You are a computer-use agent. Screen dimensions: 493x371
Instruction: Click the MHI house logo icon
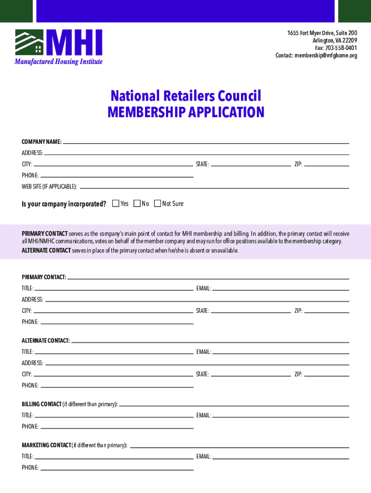[x=29, y=42]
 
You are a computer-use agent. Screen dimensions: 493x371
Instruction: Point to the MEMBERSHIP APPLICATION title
[x=185, y=112]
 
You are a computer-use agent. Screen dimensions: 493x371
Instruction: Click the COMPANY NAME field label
[x=41, y=142]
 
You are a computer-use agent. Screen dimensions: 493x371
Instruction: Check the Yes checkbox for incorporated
[x=116, y=204]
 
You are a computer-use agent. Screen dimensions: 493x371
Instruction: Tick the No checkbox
[x=137, y=204]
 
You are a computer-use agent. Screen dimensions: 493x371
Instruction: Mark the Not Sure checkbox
[x=158, y=204]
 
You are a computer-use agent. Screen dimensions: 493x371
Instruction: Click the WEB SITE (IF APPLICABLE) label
[x=49, y=186]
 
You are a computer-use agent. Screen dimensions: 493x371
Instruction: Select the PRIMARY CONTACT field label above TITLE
[x=44, y=277]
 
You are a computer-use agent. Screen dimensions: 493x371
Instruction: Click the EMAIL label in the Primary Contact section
[x=203, y=288]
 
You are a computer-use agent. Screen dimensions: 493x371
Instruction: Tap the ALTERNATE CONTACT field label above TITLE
[x=46, y=341]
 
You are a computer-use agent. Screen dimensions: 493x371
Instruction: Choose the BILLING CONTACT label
[x=41, y=404]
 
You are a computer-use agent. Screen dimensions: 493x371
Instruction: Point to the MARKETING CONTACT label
[x=46, y=445]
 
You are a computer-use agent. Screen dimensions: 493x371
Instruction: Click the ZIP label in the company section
[x=298, y=164]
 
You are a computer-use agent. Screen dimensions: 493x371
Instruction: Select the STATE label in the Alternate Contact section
[x=202, y=374]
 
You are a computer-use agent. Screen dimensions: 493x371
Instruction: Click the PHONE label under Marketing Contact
[x=30, y=467]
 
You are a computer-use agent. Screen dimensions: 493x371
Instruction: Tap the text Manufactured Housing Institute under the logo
[x=58, y=62]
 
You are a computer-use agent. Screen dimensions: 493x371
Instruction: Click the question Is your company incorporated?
[x=64, y=204]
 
